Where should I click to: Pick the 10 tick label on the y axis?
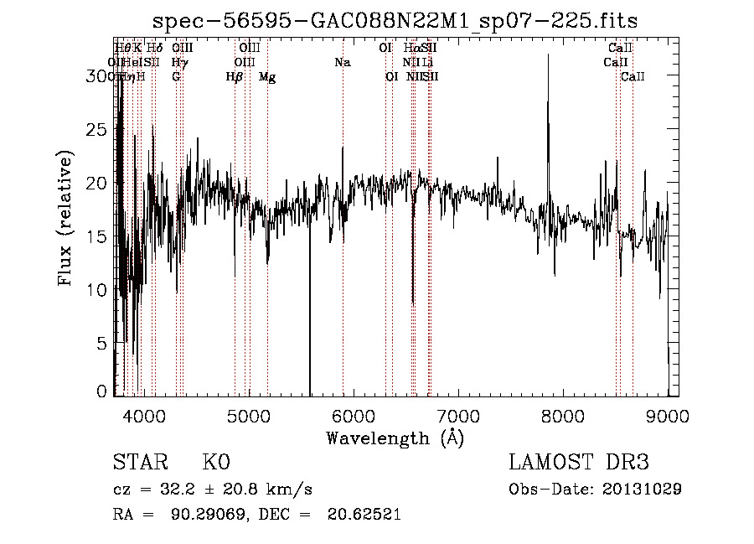(99, 289)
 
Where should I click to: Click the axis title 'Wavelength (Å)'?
(395, 438)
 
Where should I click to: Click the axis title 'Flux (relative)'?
(66, 217)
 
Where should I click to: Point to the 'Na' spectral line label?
(342, 62)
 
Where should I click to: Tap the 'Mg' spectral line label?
(267, 77)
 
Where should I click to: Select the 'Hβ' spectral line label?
(234, 77)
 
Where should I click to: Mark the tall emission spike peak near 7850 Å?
(548, 55)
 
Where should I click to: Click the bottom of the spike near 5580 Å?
(310, 394)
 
